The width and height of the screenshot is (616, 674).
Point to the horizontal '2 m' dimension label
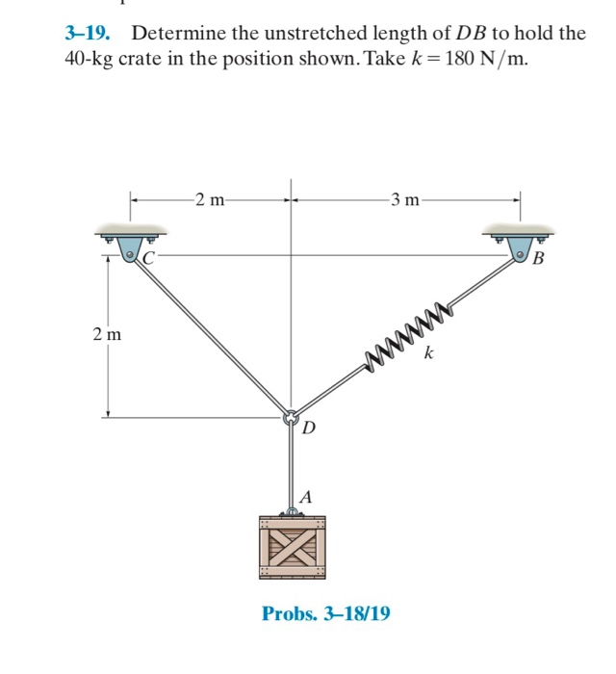click(208, 200)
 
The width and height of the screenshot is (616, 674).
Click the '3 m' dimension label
click(405, 200)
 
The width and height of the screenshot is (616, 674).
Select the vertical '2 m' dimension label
click(107, 335)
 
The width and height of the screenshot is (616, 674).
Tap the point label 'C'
click(149, 257)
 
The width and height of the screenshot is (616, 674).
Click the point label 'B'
click(537, 258)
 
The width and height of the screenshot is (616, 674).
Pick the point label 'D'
click(308, 427)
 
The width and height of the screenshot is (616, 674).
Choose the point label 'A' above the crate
click(306, 497)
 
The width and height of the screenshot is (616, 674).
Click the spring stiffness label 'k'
click(428, 355)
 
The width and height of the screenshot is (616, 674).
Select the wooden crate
click(292, 547)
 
